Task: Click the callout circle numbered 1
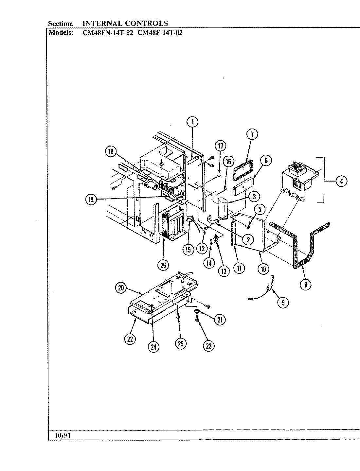192,122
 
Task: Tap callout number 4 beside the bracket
341,181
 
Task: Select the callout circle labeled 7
252,134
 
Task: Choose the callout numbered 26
163,265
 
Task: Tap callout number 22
130,340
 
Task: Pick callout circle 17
220,146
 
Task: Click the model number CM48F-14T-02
160,33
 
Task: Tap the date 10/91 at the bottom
62,436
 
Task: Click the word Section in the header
61,24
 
